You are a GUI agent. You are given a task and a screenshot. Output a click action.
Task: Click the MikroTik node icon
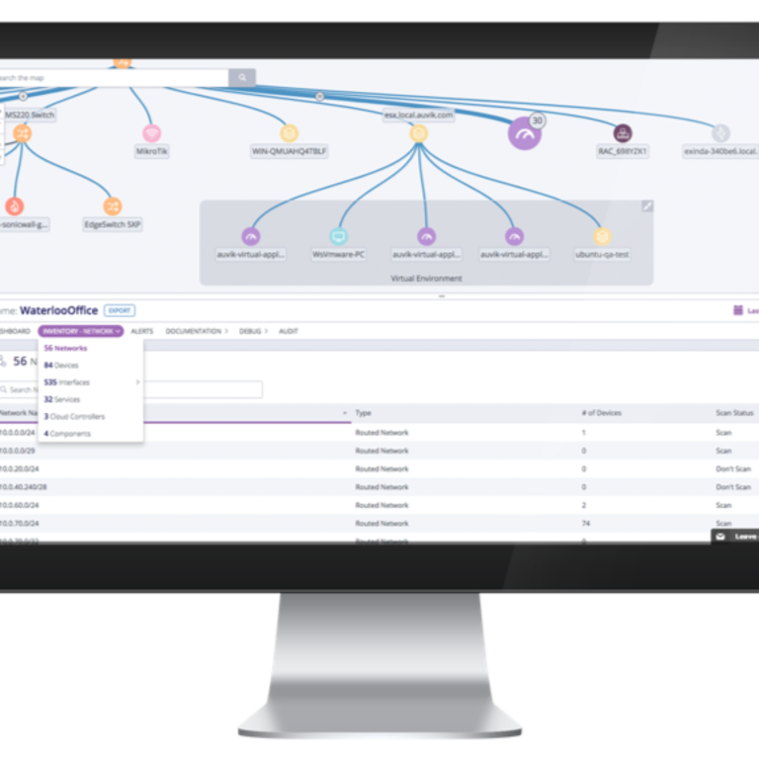(151, 132)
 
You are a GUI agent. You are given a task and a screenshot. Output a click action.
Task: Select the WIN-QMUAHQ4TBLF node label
(289, 152)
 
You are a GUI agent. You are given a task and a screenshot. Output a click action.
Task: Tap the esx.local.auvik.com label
(418, 115)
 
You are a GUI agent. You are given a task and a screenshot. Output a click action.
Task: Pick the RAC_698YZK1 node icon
(623, 133)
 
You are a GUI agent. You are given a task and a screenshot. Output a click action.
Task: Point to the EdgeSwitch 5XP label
(113, 224)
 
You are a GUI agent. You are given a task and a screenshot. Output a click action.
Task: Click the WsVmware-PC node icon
(339, 236)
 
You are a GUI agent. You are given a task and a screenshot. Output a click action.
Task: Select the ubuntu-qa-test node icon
(602, 236)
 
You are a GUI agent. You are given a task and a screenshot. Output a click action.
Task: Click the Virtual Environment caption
(427, 279)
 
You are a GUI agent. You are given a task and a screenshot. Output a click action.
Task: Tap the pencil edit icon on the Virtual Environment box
(647, 207)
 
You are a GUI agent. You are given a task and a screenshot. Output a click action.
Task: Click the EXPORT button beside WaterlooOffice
(120, 310)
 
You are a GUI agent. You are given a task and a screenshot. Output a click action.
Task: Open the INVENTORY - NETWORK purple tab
(80, 331)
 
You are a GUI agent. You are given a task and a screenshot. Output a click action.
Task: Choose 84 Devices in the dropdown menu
(61, 366)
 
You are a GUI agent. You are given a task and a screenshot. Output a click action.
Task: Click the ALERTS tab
(141, 331)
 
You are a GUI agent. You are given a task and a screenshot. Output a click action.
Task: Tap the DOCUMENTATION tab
(195, 331)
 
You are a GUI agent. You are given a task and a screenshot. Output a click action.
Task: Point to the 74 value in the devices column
(586, 523)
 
